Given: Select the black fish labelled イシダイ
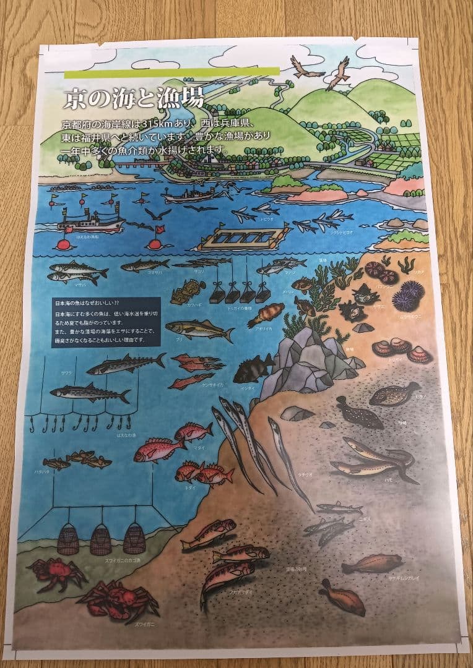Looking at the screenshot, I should point(253,369).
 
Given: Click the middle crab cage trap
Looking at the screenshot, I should point(100,539).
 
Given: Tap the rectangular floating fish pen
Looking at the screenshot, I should point(245,236).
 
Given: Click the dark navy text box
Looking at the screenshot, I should point(106,322).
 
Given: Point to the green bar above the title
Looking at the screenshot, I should point(171,73).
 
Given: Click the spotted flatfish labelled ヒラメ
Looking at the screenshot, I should point(394,394).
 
